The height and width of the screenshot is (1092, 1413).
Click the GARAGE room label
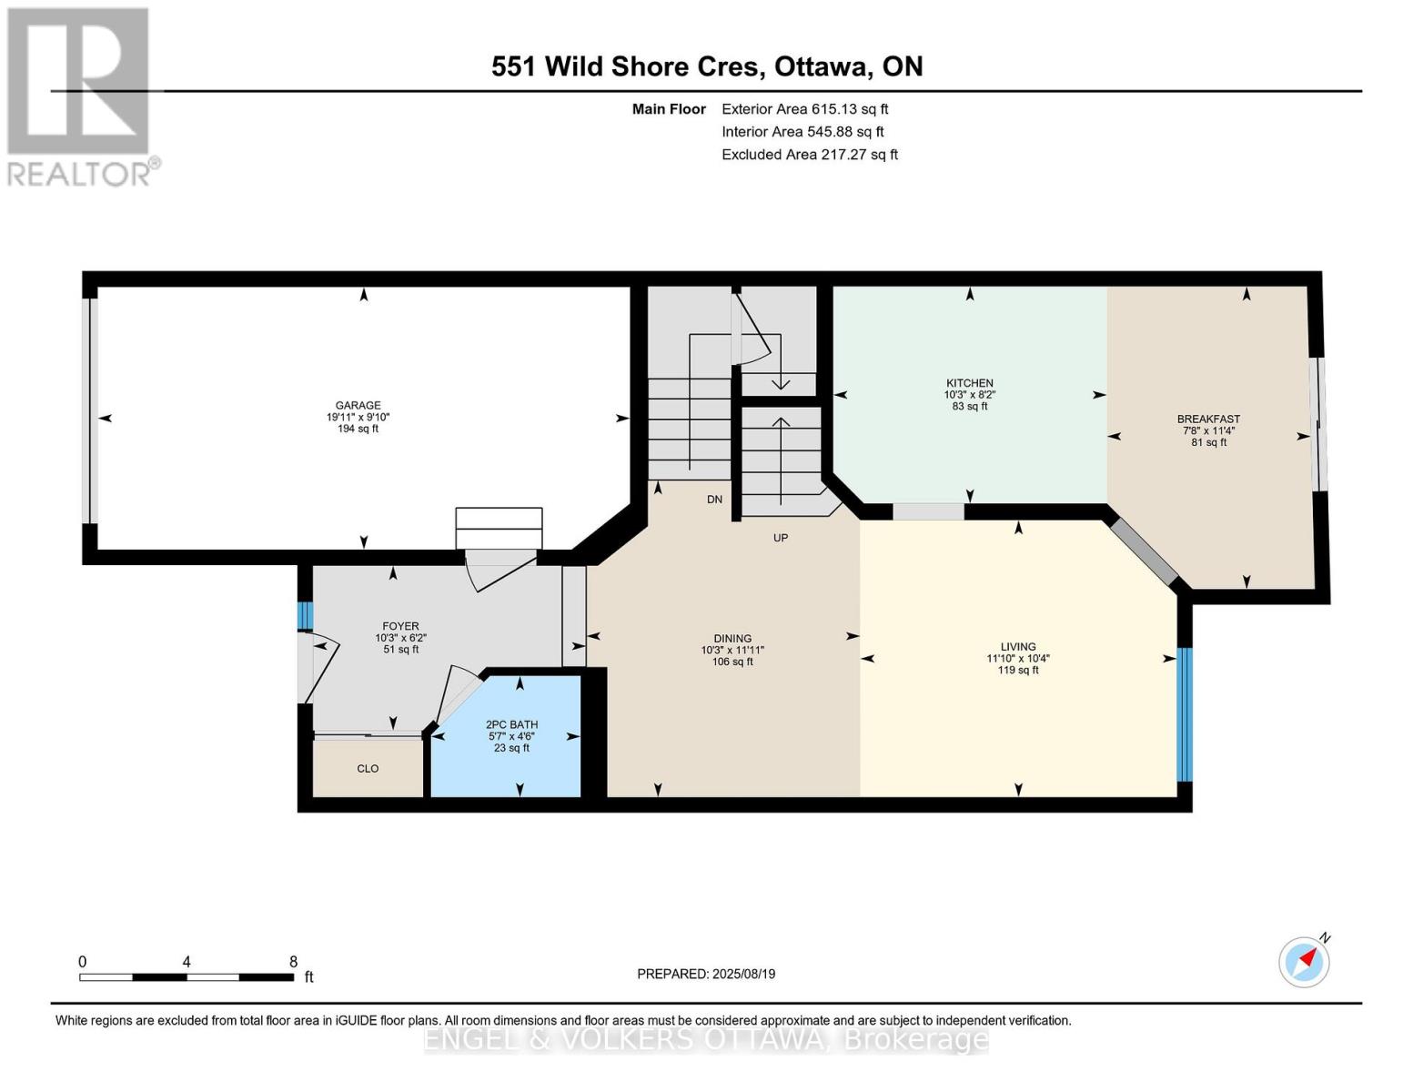358,406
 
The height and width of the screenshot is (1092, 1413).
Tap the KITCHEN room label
969,383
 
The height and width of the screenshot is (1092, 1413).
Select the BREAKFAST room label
1208,420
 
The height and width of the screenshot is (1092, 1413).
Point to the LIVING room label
1017,647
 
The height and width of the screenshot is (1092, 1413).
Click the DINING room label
732,639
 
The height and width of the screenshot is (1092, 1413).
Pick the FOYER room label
400,626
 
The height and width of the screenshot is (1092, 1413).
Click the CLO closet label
368,769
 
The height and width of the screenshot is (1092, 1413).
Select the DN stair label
714,500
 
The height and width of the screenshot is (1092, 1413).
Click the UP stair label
780,538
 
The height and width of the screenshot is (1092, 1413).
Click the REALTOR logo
79,96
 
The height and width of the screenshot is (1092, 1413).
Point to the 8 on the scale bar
293,962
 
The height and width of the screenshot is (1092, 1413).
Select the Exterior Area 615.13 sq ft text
804,109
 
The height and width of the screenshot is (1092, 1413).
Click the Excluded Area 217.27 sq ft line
809,155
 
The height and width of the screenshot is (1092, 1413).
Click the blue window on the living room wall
1184,714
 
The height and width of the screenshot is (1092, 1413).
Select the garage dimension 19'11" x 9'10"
358,418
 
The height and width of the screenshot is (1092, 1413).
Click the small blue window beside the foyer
305,616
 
